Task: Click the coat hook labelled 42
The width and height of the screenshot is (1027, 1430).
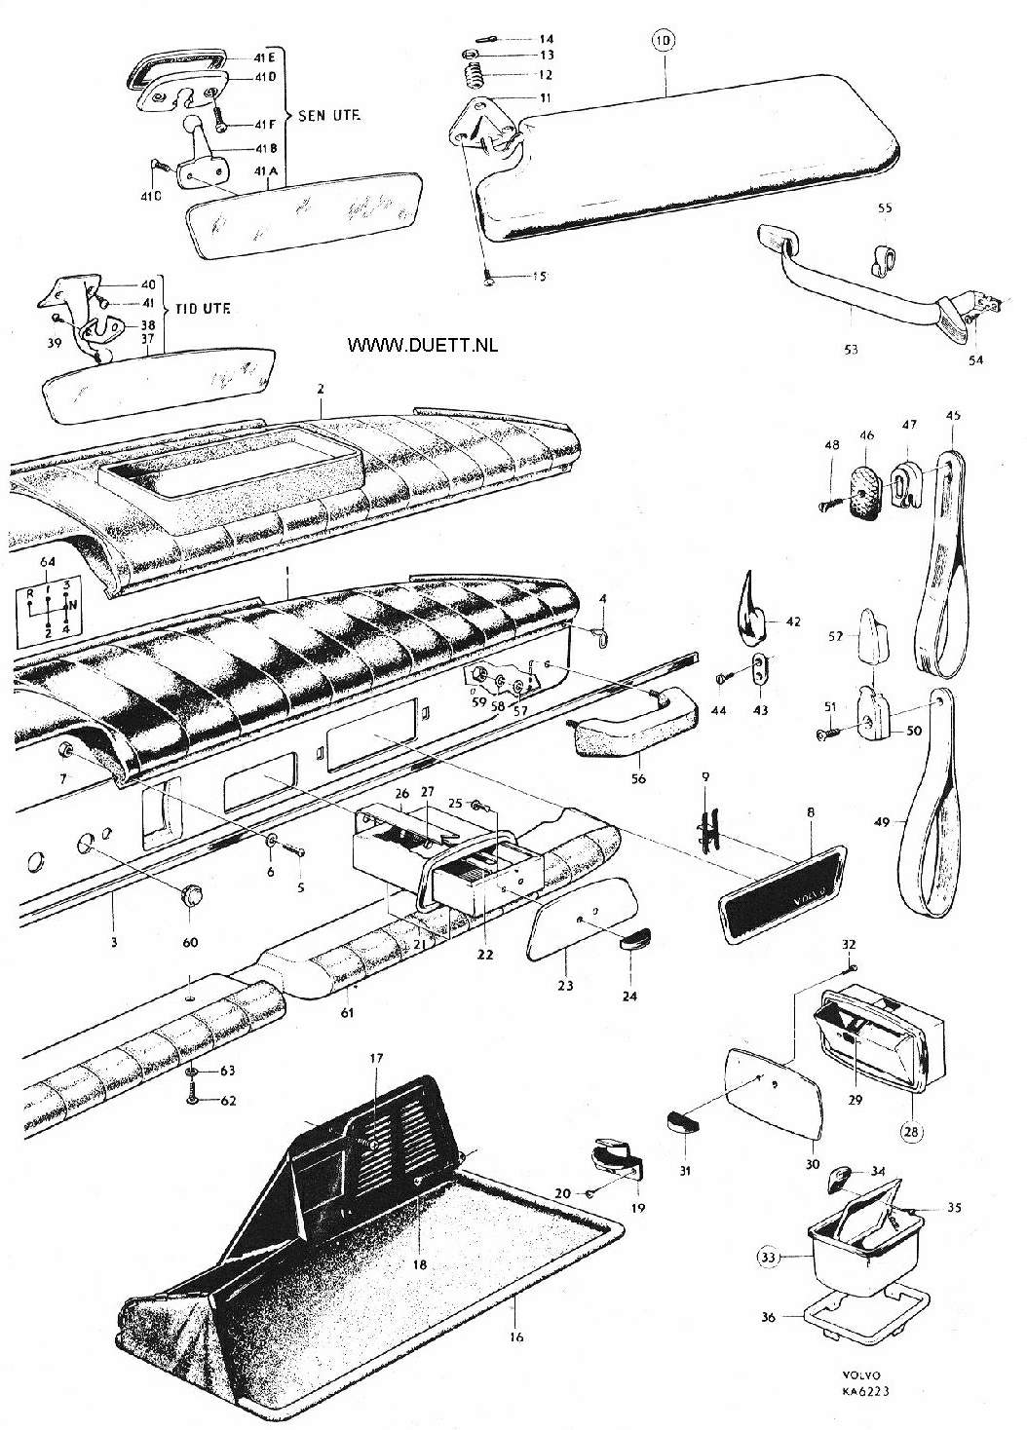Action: tap(750, 618)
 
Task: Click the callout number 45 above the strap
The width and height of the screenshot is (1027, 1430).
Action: tap(953, 415)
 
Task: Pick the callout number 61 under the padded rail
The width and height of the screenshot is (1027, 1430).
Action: tap(346, 1013)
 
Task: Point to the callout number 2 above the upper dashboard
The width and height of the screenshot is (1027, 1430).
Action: tap(320, 388)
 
